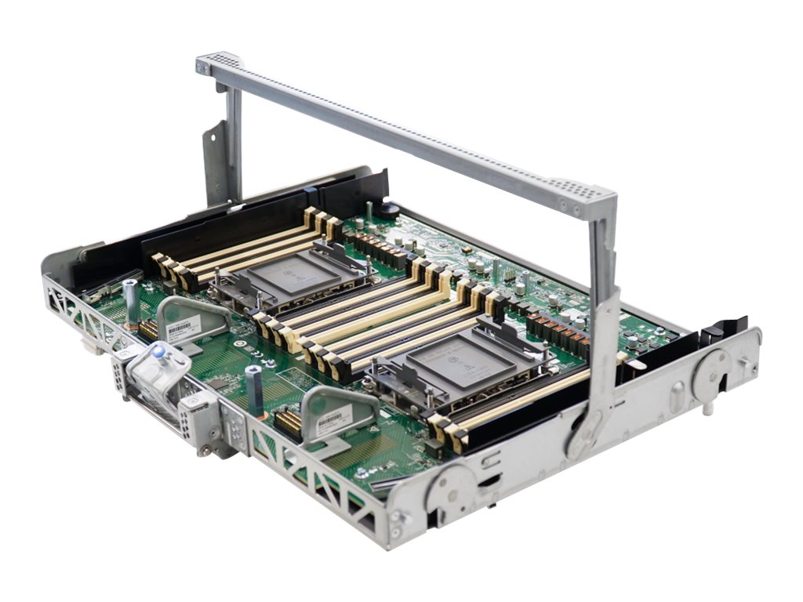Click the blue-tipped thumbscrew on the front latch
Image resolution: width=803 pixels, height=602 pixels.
(160, 354)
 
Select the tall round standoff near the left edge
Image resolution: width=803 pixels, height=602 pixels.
(130, 300)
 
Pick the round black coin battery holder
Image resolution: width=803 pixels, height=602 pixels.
(388, 209)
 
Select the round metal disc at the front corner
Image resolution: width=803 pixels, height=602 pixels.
(448, 491)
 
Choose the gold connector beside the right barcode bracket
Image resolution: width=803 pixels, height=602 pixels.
(288, 423)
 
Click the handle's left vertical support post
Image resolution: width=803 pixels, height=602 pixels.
(233, 141)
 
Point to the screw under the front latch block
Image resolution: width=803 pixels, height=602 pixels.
(205, 451)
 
